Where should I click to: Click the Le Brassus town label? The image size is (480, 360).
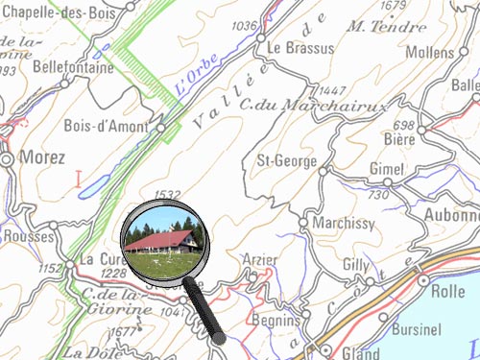pyautogui.click(x=301, y=47)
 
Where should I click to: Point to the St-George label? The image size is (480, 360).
pyautogui.click(x=284, y=161)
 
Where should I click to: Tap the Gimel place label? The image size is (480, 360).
pyautogui.click(x=387, y=169)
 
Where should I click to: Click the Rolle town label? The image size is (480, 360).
pyautogui.click(x=448, y=291)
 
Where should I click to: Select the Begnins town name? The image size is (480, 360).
pyautogui.click(x=275, y=320)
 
